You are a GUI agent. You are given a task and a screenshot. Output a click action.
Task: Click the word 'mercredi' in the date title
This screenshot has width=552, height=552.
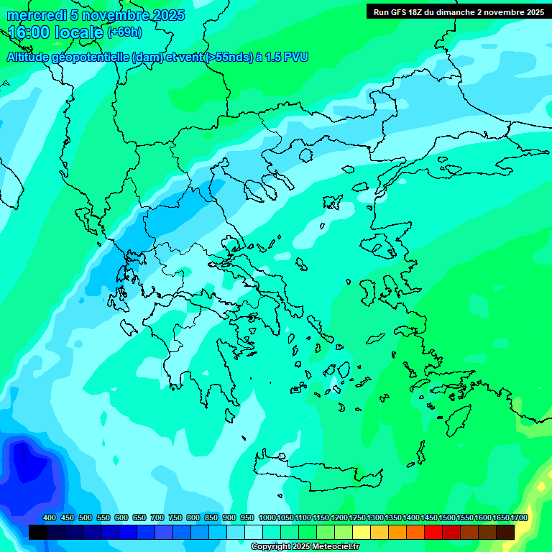pos(33,15)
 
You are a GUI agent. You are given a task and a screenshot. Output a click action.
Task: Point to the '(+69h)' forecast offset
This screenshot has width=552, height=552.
pos(124,32)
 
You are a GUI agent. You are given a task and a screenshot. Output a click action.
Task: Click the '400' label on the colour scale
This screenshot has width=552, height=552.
pos(50,517)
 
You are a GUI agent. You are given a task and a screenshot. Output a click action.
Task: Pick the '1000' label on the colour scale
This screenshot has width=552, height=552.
pos(267,517)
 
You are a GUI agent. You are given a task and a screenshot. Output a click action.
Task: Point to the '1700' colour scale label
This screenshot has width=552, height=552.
pos(519,517)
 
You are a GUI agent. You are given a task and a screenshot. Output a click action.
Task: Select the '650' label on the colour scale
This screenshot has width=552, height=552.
pos(139,517)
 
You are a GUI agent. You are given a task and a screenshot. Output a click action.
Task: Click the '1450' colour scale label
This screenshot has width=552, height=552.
pos(429,517)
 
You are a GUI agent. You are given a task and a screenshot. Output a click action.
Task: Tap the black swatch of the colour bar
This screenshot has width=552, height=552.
pos(38,532)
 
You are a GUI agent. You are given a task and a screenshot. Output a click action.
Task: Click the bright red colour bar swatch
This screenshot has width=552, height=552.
pos(433,532)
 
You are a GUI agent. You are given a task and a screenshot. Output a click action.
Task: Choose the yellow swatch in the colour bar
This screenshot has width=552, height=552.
pos(362,532)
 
